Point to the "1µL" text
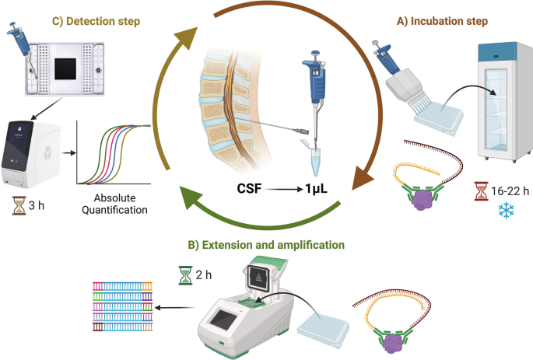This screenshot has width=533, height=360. point(311,189)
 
